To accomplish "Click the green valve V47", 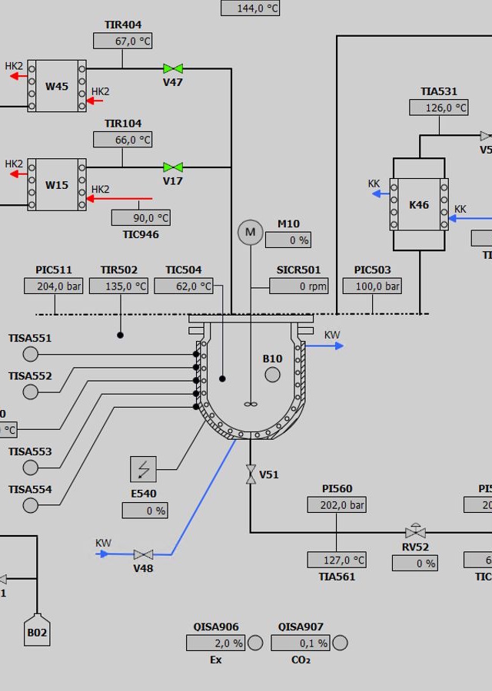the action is pos(173,68).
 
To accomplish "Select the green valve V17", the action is pos(173,167).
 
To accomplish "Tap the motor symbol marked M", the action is pos(250,232).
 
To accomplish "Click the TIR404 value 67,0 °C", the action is pos(123,41).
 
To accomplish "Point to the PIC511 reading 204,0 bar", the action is pos(53,286).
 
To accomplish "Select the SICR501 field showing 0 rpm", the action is pos(299,286).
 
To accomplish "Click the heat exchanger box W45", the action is pos(57,86).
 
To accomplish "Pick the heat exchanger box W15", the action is pos(57,184).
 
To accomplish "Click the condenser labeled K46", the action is pos(419,204).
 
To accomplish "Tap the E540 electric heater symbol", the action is pos(144,469).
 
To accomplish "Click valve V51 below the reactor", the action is pos(251,474).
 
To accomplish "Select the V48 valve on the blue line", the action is pos(144,554).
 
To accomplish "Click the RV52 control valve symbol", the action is pos(415,531).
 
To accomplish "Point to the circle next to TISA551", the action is pos(31,353).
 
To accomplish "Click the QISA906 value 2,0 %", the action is pos(215,643).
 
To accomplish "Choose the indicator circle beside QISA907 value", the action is pos(340,643).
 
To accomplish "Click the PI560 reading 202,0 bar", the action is pos(337,504).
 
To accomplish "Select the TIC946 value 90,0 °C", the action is pos(141,218).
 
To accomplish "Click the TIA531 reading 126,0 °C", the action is pos(439,107).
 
